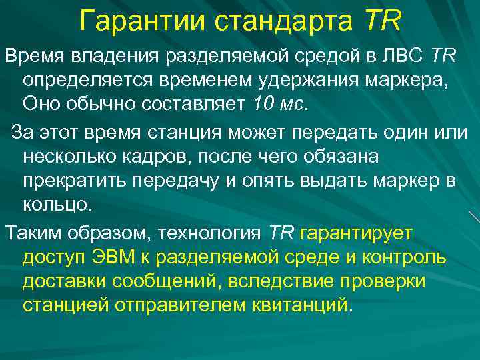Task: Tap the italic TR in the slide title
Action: [383, 21]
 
